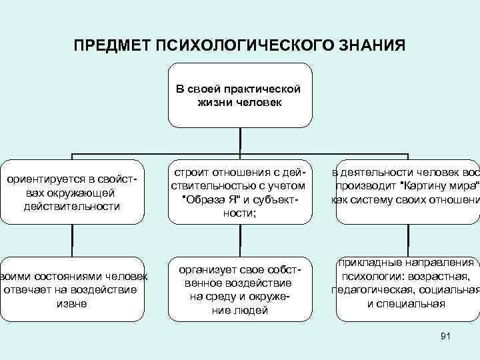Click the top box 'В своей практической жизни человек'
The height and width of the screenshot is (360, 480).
tap(239, 95)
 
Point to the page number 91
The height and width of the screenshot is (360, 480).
tap(446, 337)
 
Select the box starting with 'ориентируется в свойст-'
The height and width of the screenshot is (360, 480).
tap(72, 192)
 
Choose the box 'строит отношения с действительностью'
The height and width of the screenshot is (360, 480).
tap(239, 192)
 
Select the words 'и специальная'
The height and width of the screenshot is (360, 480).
tap(405, 303)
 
